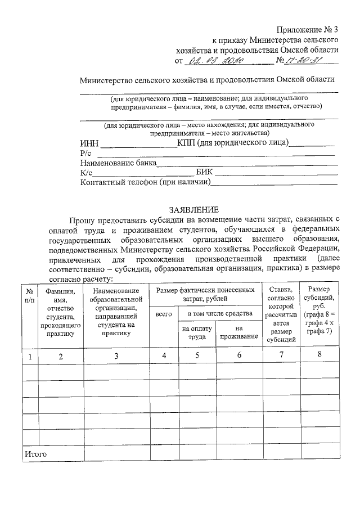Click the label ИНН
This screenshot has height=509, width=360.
pos(89,144)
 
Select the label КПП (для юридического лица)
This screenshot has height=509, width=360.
pos(233,143)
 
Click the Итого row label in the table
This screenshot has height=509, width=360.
pos(35,453)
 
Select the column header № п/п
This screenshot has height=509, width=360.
pos(30,296)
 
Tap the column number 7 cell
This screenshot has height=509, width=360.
pos(281,355)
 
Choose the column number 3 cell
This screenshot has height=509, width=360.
pos(116,355)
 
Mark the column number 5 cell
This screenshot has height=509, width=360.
pos(197,355)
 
